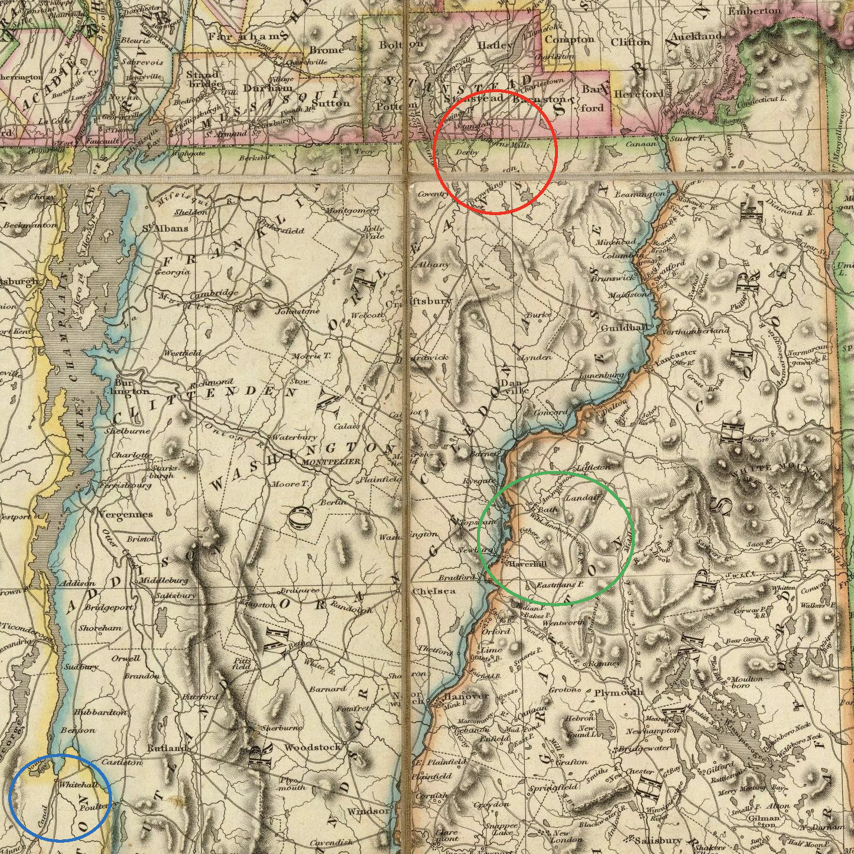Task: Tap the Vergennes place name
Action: (125, 514)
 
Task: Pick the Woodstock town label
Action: (312, 747)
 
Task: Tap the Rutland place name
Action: (168, 748)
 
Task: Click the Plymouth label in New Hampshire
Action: (619, 692)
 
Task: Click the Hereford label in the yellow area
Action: (639, 94)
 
